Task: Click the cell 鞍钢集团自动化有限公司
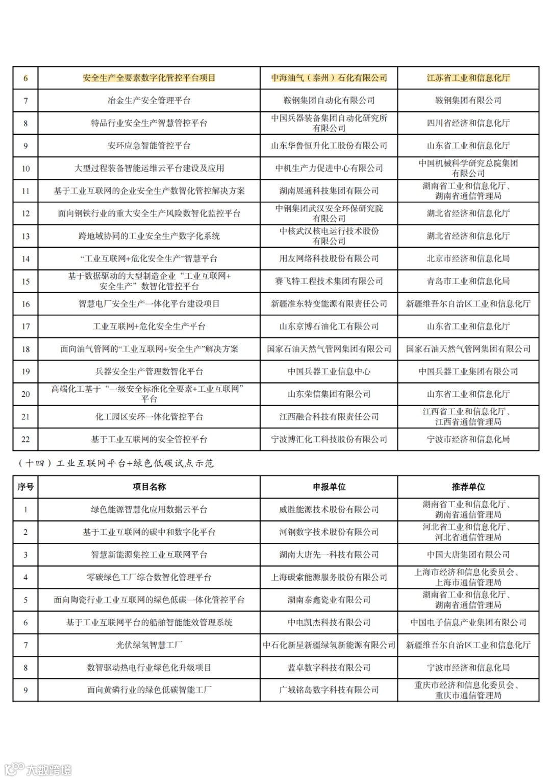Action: click(x=329, y=101)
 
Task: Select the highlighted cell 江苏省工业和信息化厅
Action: click(x=468, y=78)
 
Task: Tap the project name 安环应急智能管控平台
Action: click(x=149, y=146)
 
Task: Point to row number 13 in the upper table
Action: click(x=26, y=237)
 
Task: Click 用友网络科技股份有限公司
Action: click(x=329, y=258)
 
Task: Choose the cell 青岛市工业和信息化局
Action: click(x=468, y=281)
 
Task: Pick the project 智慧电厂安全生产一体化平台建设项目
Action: click(x=149, y=304)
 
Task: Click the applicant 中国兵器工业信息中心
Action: click(x=329, y=371)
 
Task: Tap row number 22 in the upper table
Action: click(x=26, y=439)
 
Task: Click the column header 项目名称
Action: click(x=149, y=487)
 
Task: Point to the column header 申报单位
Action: click(x=329, y=487)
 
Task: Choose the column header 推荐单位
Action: click(x=468, y=487)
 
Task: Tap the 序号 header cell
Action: click(x=26, y=487)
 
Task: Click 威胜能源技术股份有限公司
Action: click(x=329, y=509)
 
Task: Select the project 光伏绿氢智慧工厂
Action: click(x=149, y=645)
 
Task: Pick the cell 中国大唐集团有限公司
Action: click(x=468, y=555)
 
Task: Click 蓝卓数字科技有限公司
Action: click(x=329, y=668)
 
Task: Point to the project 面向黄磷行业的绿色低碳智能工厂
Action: click(x=149, y=690)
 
